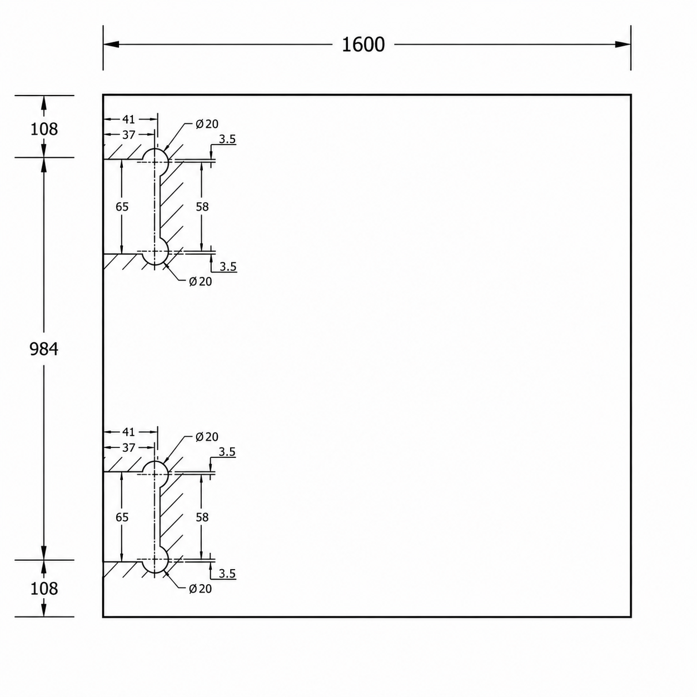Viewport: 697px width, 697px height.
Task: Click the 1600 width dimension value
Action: [363, 44]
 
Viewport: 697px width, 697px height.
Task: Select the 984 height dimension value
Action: [44, 349]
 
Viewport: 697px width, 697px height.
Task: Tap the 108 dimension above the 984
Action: [44, 129]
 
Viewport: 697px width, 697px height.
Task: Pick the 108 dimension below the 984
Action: [44, 589]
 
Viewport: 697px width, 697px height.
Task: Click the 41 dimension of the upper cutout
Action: [128, 119]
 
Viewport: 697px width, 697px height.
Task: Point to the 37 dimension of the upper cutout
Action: [128, 135]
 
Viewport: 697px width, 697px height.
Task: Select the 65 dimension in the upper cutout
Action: [122, 207]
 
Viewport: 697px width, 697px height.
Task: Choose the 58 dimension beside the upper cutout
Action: [202, 207]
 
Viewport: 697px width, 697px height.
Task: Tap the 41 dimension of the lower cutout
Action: [128, 432]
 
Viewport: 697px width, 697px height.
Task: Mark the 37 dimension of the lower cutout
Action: [128, 448]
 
